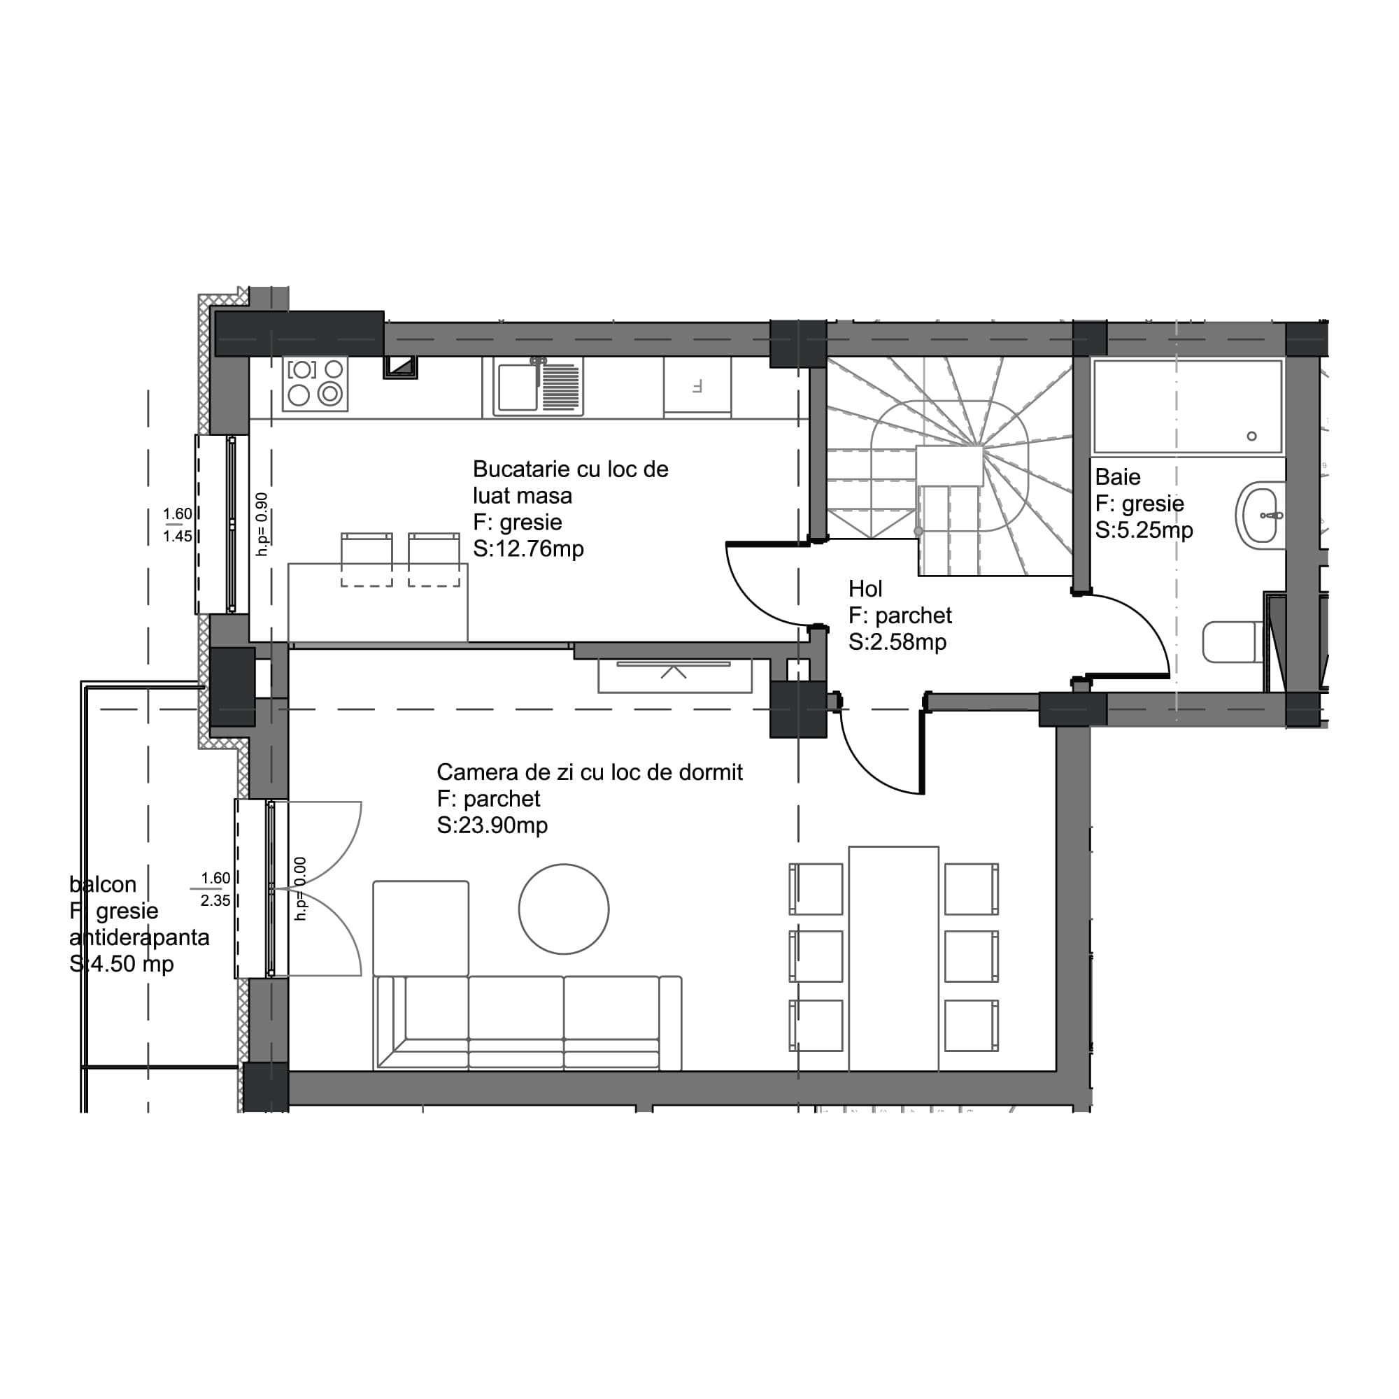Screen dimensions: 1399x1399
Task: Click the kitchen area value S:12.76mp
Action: (x=528, y=549)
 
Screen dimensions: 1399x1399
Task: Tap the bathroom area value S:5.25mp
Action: (x=1144, y=530)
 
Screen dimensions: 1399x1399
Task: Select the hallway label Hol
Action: (x=865, y=589)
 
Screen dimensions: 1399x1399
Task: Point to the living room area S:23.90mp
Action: (x=492, y=825)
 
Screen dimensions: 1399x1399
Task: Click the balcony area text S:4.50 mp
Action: (x=122, y=964)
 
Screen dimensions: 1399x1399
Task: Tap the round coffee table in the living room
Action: (x=563, y=909)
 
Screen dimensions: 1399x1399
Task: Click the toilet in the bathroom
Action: (x=1231, y=641)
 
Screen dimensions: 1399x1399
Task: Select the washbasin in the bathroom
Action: (x=1260, y=515)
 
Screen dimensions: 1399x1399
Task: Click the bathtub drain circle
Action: (x=1251, y=436)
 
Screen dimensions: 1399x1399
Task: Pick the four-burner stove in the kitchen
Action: (x=315, y=383)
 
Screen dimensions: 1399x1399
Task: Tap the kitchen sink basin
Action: (x=517, y=387)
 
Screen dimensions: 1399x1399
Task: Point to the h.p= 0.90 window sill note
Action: (x=262, y=523)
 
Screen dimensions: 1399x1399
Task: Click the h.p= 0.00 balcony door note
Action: (x=301, y=888)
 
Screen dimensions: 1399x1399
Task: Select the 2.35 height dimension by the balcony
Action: (x=215, y=901)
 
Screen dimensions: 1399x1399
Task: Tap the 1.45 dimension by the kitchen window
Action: (x=178, y=537)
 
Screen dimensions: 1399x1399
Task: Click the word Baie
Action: (x=1117, y=477)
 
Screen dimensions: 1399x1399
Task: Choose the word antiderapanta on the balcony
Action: (x=139, y=938)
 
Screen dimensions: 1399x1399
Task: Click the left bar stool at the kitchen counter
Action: (x=367, y=559)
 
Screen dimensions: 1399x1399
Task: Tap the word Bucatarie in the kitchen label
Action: (x=520, y=469)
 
